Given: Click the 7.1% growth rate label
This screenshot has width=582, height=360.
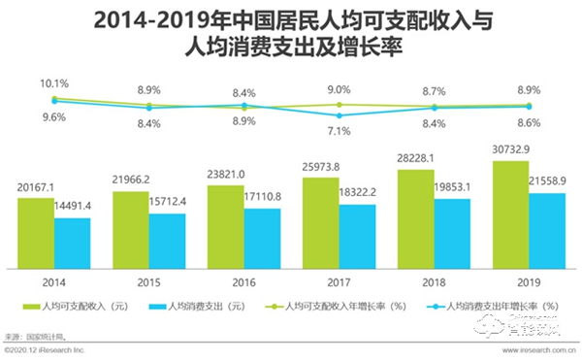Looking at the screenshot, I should coord(339,130).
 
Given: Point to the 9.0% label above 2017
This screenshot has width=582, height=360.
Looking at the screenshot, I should coord(338,89).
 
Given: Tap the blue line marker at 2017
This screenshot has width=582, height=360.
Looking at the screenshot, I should coord(339,115).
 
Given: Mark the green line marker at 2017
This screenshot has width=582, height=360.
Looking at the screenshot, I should coord(339,104).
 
